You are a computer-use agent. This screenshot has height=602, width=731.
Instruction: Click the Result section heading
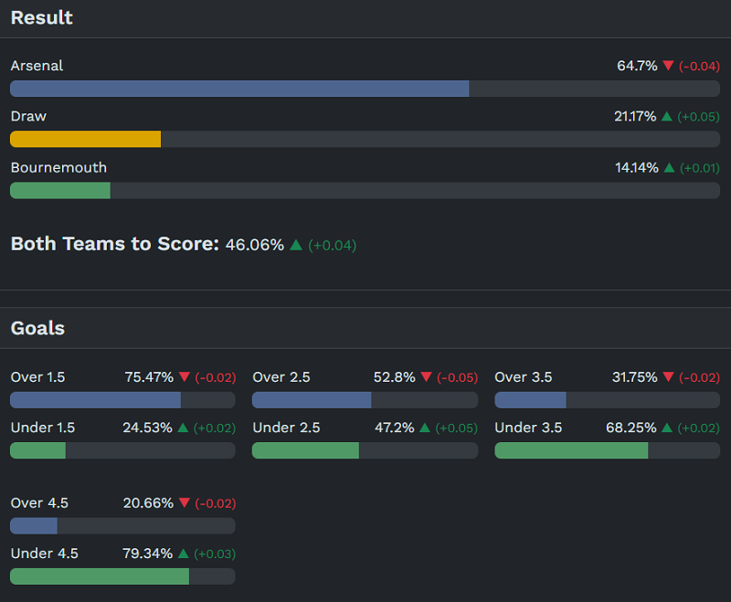[x=41, y=17]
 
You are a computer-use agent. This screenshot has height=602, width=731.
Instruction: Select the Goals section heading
[x=37, y=328]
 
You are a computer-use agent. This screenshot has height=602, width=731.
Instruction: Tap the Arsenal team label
[x=37, y=66]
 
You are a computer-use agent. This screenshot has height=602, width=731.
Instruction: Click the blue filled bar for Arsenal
[x=239, y=89]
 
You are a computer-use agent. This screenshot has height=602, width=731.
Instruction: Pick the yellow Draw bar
[x=85, y=139]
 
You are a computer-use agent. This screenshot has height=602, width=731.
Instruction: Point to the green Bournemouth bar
[x=59, y=190]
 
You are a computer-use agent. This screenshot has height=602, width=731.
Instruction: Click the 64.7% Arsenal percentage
[x=637, y=66]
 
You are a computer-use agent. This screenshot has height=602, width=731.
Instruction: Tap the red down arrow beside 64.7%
[x=668, y=66]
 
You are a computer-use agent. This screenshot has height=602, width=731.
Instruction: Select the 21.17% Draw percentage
[x=635, y=117]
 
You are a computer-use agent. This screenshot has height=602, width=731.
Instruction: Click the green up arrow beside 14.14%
[x=667, y=168]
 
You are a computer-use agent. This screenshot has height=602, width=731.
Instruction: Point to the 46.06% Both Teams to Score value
[x=255, y=245]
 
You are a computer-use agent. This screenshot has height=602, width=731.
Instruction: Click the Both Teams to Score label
[x=114, y=244]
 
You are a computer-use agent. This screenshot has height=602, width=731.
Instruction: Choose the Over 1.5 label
[x=37, y=377]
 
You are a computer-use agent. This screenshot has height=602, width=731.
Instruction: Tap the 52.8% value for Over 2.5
[x=395, y=377]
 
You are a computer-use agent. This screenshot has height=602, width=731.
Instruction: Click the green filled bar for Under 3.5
[x=571, y=450]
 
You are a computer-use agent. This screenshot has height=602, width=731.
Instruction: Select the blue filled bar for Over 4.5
[x=34, y=525]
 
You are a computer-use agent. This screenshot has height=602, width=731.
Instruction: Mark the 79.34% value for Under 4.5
[x=148, y=554]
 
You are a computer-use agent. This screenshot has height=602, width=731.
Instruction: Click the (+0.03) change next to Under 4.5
[x=214, y=554]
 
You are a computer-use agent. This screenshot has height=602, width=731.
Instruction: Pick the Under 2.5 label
[x=286, y=428]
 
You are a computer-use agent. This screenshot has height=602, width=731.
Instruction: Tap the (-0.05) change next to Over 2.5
[x=457, y=377]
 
